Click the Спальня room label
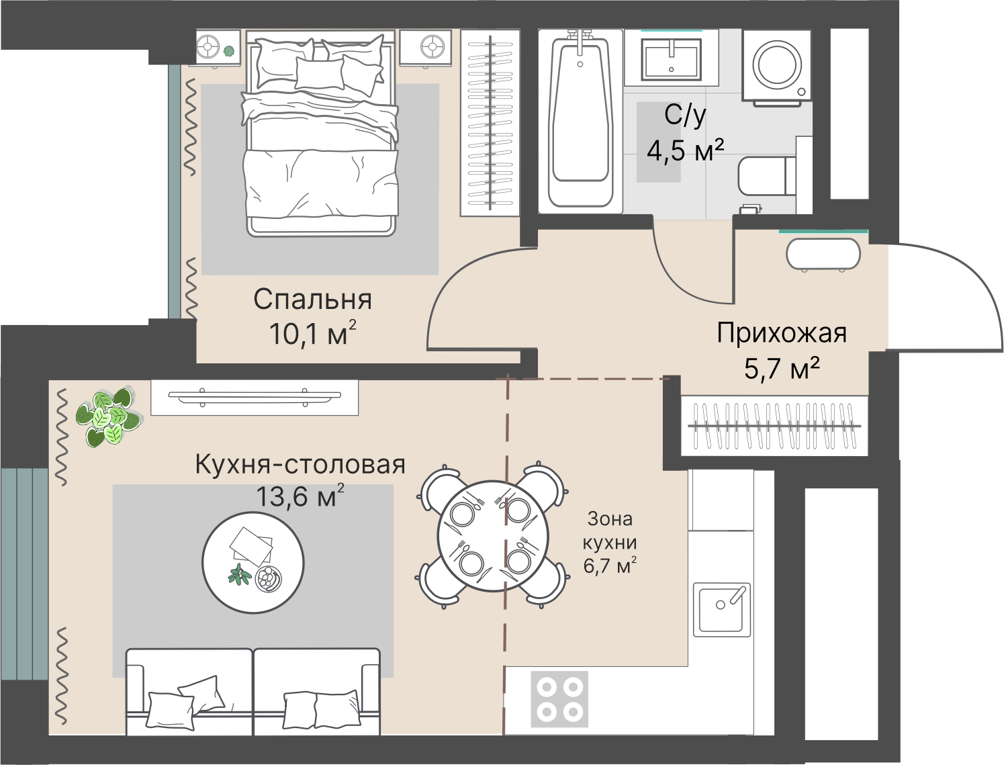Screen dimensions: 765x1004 [312, 300]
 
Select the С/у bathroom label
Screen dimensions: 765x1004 [685, 116]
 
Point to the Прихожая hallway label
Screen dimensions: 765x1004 [781, 333]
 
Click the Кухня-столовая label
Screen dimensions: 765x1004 [300, 464]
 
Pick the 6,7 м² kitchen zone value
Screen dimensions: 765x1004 [609, 566]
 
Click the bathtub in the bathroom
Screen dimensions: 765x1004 [580, 121]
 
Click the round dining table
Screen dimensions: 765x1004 [493, 536]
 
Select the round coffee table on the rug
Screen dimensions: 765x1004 [253, 561]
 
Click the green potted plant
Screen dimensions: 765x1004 [107, 417]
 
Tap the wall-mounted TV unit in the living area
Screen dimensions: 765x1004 [255, 397]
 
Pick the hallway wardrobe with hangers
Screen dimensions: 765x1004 [774, 426]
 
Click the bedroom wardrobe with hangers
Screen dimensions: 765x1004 [490, 122]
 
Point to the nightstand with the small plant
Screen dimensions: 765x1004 [218, 48]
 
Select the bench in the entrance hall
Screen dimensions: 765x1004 [823, 255]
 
